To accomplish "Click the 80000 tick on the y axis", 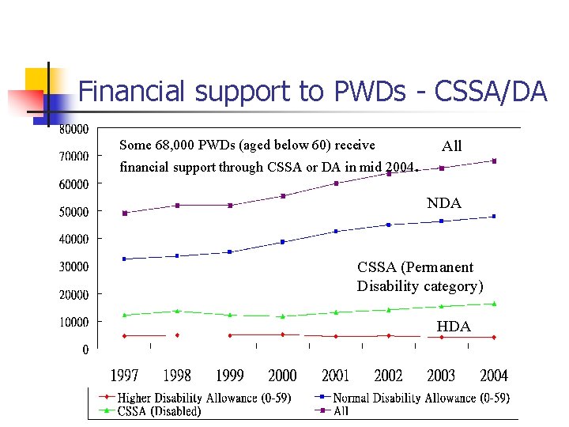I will (x=74, y=128).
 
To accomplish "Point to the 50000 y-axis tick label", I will (x=74, y=211).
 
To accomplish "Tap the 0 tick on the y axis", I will (x=85, y=350).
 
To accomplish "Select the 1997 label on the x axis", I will (x=124, y=376).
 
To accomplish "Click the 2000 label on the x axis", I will (x=282, y=376).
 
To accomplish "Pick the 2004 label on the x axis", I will (x=494, y=376).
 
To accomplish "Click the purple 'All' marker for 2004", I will (x=494, y=161).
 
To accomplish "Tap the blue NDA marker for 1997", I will (x=124, y=259).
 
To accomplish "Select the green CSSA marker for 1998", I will (x=177, y=311).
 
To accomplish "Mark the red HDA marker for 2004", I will (x=494, y=337).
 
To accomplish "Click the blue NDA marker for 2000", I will (x=282, y=242).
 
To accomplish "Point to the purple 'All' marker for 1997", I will (x=124, y=213).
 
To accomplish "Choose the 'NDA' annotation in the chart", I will (x=443, y=203).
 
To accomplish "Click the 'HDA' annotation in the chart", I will (x=454, y=327).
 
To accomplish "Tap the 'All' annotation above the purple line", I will (x=452, y=146).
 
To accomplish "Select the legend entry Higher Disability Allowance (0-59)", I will (x=204, y=398).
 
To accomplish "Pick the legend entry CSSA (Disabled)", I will (x=159, y=410).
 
